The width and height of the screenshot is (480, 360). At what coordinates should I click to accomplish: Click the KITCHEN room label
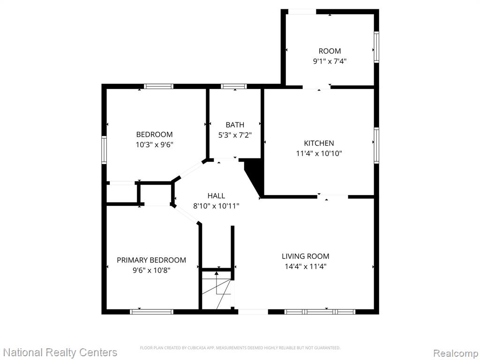[319, 143]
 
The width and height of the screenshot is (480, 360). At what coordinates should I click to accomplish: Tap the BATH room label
[235, 125]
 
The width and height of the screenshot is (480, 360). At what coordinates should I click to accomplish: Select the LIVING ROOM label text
[306, 256]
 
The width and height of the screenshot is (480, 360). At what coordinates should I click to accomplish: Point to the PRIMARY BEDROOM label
[151, 260]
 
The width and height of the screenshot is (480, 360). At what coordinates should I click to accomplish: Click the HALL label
[216, 195]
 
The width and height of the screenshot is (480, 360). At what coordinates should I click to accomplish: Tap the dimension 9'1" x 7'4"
[330, 61]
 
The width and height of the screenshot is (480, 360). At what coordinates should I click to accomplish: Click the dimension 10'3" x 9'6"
[155, 144]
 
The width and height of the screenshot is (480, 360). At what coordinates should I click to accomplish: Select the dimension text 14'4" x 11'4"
[306, 266]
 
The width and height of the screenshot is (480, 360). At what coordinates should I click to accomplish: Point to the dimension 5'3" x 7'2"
[235, 135]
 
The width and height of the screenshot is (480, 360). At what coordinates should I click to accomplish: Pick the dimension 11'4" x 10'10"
[319, 153]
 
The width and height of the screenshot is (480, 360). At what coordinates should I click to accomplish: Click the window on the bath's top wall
[234, 86]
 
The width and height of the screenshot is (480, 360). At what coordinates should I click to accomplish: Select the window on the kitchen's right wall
[376, 145]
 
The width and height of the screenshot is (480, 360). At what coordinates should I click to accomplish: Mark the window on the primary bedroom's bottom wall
[151, 312]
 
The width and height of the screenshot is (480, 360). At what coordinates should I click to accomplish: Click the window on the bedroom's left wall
[104, 150]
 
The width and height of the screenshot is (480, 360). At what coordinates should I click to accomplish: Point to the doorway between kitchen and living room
[332, 196]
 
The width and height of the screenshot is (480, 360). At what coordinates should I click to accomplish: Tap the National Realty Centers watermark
[60, 352]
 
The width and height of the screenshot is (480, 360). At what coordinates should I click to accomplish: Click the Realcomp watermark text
[456, 353]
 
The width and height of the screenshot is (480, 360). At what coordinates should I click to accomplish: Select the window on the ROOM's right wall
[376, 47]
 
